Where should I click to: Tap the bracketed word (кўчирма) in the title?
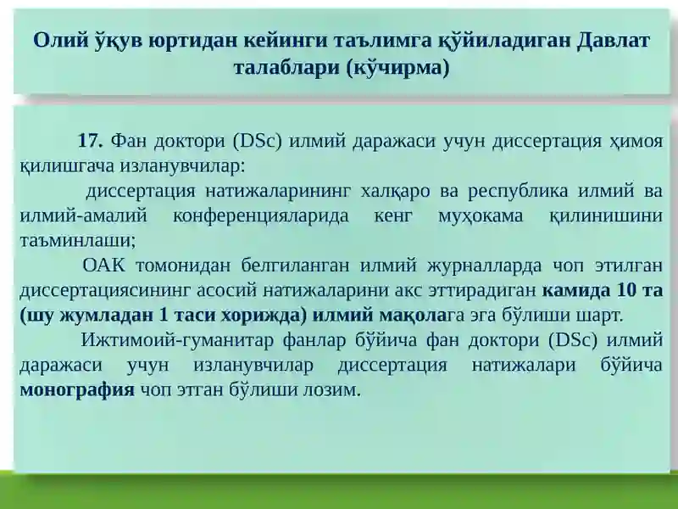397,68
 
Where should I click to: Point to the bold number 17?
91,141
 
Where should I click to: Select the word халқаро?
395,192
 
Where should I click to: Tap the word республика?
518,192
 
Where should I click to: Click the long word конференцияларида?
261,216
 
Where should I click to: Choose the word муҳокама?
481,216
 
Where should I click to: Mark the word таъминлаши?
78,241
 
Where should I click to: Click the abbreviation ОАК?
103,266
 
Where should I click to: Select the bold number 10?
627,290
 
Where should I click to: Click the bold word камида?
576,291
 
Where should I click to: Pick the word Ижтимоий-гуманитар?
177,341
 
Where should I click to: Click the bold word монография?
77,390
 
